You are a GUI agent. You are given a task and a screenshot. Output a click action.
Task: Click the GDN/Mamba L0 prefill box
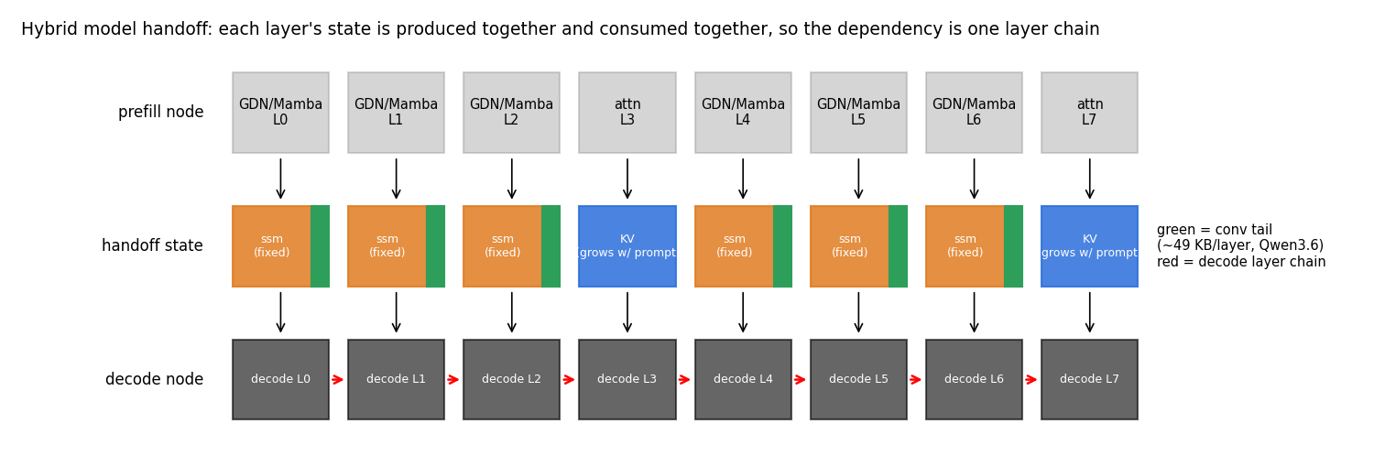click(x=280, y=112)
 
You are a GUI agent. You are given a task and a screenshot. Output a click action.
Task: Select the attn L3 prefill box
click(x=627, y=112)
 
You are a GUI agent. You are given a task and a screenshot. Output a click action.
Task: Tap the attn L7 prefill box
click(x=1089, y=112)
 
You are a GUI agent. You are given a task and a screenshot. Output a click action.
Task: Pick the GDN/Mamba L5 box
click(x=858, y=112)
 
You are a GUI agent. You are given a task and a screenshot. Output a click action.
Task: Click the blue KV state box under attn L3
click(x=627, y=245)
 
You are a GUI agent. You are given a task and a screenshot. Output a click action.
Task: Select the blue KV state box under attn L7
click(x=1089, y=245)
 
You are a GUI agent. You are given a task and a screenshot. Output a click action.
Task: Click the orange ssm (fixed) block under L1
click(x=387, y=245)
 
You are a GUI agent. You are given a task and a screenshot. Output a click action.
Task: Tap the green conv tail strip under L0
click(x=320, y=245)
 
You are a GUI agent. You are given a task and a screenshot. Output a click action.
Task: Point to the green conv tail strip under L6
click(x=1013, y=245)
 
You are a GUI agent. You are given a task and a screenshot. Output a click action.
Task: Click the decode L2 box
click(x=511, y=379)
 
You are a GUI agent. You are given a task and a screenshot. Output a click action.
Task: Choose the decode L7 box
click(x=1089, y=379)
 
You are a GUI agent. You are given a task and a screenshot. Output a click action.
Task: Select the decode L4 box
click(x=743, y=379)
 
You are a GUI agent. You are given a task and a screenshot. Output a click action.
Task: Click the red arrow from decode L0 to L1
click(x=338, y=380)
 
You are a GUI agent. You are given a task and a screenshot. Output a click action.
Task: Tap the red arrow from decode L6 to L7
click(x=1031, y=380)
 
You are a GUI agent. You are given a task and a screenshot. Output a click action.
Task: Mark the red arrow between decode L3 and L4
click(x=684, y=380)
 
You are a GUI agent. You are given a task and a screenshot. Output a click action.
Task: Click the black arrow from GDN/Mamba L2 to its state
click(x=511, y=179)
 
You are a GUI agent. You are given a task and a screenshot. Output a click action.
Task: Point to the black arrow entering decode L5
click(x=858, y=312)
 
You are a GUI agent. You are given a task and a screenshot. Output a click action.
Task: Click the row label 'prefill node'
click(x=160, y=112)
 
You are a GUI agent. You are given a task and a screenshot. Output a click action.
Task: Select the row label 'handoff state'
click(x=152, y=245)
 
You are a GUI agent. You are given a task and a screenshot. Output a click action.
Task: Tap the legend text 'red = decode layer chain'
click(x=1241, y=262)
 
